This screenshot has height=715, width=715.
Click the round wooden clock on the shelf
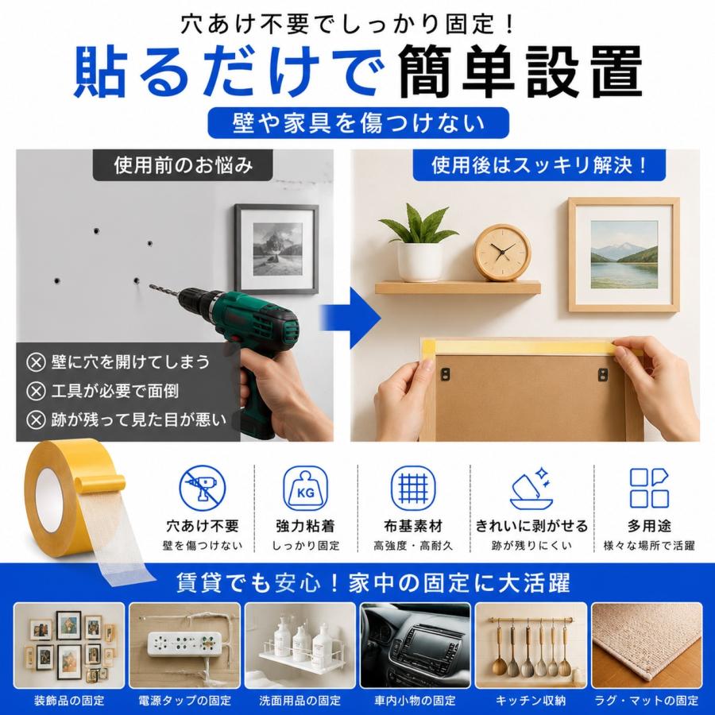pos(501,253)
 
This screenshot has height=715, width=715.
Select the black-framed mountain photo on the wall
pos(276,249)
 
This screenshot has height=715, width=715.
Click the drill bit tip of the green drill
pos(151,286)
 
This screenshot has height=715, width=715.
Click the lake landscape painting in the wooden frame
pos(624,254)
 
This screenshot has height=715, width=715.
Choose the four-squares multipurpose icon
pos(649,488)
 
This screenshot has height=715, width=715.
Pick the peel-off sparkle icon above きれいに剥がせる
pos(531,488)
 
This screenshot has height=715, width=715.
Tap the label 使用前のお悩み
pos(183,165)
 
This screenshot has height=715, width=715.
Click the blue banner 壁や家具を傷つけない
pos(358,123)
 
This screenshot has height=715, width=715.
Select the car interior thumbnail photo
pos(415,645)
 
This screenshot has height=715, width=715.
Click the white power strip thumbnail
pos(184,645)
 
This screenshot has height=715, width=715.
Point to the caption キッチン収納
pos(531,701)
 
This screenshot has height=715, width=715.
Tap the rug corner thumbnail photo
pos(647,645)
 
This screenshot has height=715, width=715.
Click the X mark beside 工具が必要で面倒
pos(36,391)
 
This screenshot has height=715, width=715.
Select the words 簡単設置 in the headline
pos(520,71)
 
